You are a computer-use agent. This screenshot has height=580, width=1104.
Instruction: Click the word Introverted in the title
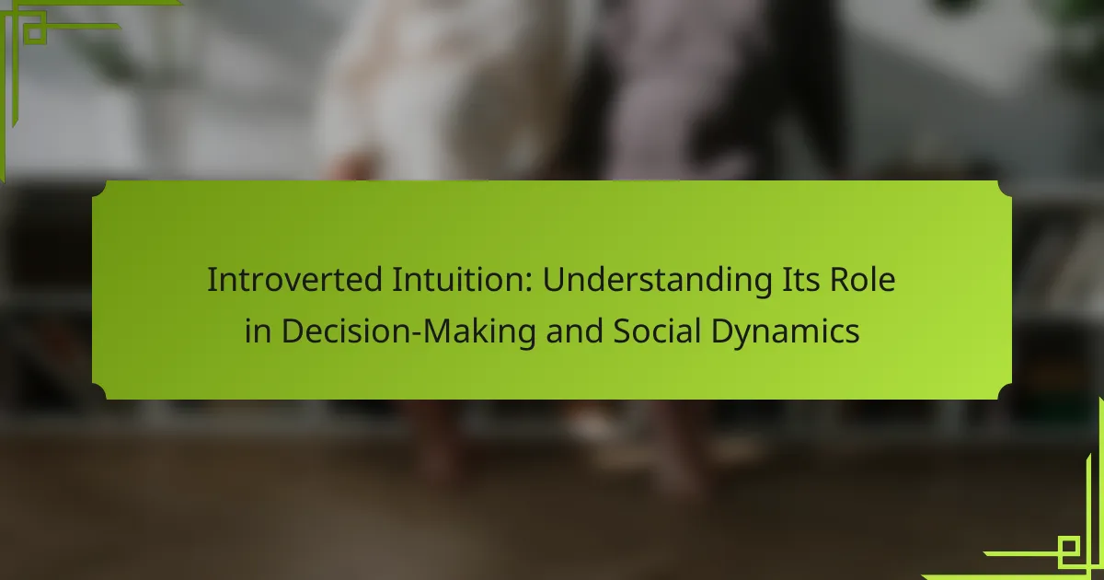tap(294, 280)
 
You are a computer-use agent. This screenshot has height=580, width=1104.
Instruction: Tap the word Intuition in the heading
tap(462, 280)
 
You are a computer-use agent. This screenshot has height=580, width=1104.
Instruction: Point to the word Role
tap(863, 280)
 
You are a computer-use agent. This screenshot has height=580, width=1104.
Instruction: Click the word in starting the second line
tap(258, 331)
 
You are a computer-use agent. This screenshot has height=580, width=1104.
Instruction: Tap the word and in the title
tap(574, 331)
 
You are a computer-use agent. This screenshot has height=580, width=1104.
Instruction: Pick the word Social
tap(657, 331)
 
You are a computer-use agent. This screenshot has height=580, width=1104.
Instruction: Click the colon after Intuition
tap(529, 284)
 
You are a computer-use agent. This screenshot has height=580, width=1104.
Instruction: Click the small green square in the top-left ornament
tap(34, 33)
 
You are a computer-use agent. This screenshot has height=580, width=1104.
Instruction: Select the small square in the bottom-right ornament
tap(1069, 547)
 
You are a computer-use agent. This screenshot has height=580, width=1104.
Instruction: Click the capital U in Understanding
tap(554, 280)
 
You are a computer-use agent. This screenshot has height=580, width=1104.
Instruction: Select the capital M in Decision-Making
tap(439, 331)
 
